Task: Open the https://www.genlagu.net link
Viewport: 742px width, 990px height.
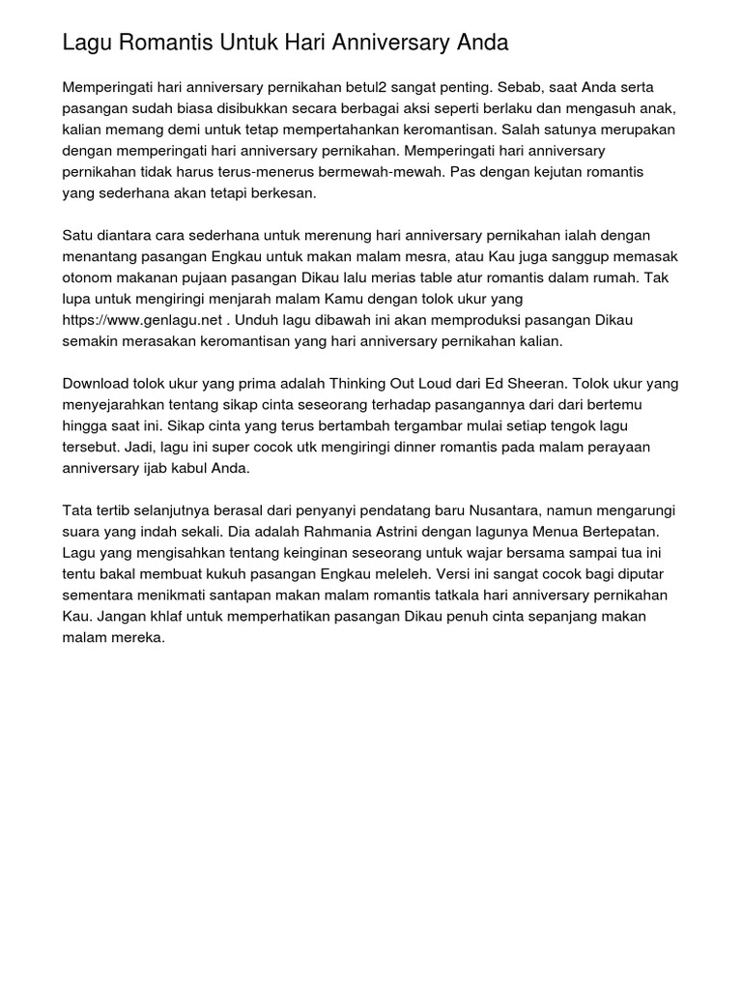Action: click(x=142, y=320)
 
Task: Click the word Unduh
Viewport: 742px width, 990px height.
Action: click(x=258, y=320)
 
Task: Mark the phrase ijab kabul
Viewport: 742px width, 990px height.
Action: click(x=177, y=469)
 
